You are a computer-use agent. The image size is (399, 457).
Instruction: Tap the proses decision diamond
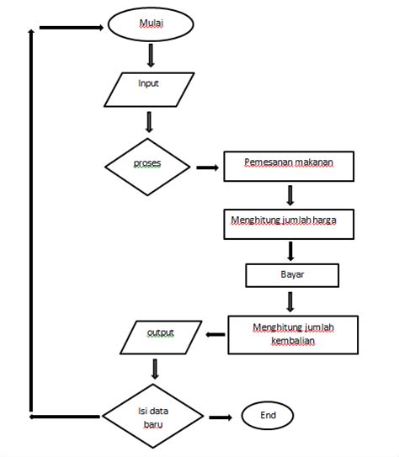coord(147,166)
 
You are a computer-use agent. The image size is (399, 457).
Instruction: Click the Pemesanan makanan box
coord(289,166)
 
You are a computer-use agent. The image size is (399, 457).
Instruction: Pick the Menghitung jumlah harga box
coord(289,222)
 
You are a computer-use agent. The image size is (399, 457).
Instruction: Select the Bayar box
coord(292,275)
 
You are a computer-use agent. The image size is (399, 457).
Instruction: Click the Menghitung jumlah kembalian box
coord(293,334)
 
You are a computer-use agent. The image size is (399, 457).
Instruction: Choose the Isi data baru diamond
coord(152,416)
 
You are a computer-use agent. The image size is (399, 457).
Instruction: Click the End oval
coord(268,415)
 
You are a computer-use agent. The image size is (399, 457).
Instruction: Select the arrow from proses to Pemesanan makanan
coord(207,167)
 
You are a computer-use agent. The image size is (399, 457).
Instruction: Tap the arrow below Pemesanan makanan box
coord(290,194)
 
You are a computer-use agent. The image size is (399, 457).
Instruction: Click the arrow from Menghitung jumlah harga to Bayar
coord(290,250)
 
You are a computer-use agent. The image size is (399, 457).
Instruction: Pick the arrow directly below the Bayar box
coord(290,300)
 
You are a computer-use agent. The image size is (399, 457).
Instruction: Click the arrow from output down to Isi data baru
coord(154,368)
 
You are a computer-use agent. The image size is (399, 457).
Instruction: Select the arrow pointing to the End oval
coord(221,417)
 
